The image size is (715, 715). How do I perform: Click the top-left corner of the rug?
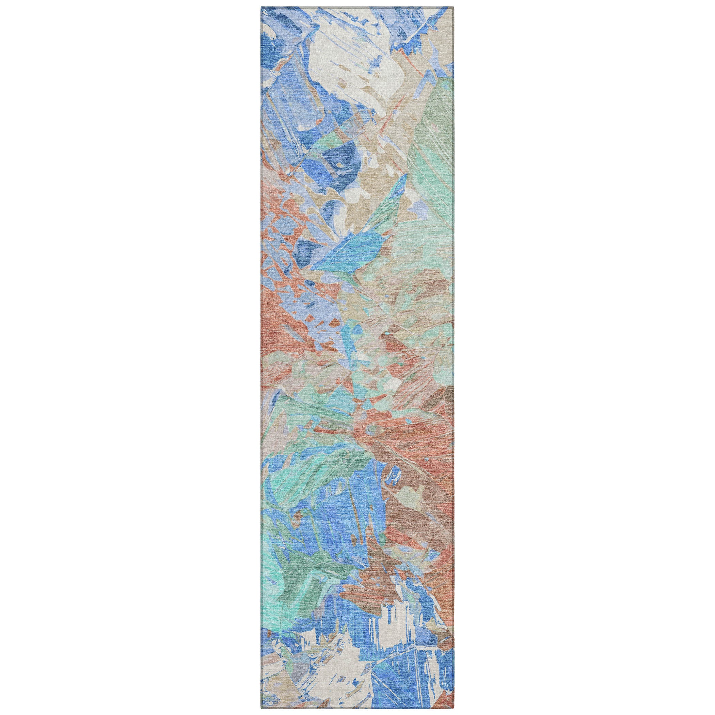tap(261, 7)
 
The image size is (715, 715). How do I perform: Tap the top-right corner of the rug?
tap(454, 7)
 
